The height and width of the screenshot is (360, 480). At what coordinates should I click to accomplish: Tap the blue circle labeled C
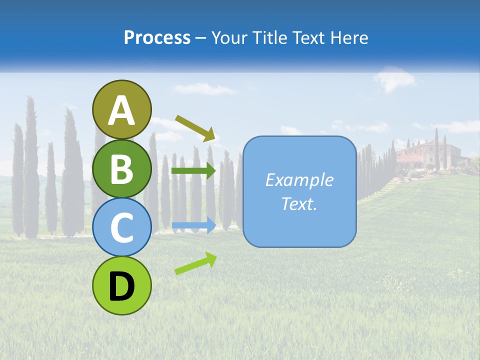[121, 227]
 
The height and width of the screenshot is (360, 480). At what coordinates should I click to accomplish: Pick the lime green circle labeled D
[121, 285]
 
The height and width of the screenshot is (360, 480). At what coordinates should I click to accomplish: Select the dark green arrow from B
[193, 171]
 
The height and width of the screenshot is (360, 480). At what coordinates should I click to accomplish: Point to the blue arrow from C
[193, 225]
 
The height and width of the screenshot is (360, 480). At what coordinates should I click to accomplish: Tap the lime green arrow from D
[195, 263]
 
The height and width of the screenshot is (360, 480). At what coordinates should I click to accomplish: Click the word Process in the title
[157, 37]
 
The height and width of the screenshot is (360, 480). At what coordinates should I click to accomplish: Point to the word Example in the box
[299, 180]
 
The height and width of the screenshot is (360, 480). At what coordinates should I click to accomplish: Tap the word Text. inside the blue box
[299, 203]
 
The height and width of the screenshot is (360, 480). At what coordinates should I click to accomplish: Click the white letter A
[121, 111]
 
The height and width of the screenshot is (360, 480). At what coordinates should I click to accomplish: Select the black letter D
[121, 286]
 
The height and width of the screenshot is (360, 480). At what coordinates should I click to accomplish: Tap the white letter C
[121, 228]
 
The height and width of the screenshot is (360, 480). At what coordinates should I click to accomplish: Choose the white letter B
[121, 169]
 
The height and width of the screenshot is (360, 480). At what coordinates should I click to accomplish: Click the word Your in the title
[229, 37]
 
